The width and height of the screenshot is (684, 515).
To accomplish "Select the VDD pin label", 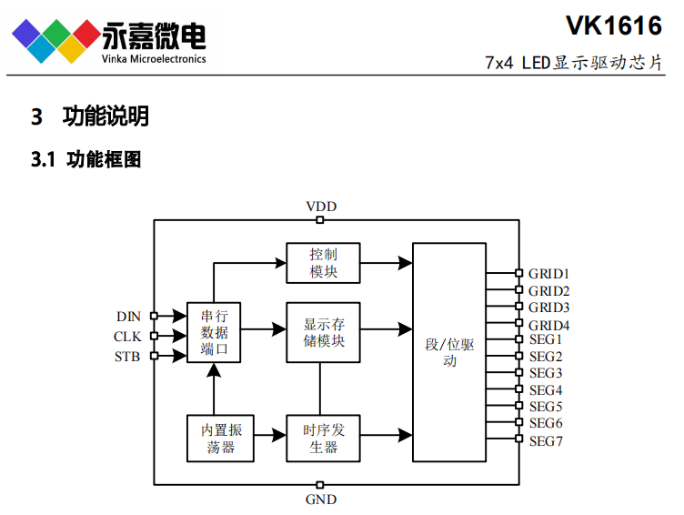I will pyautogui.click(x=321, y=207).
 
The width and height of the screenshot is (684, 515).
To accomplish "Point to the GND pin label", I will pyautogui.click(x=321, y=500).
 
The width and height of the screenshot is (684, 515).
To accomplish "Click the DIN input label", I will pyautogui.click(x=128, y=317).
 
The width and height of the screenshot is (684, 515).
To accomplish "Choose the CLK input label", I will pyautogui.click(x=127, y=337).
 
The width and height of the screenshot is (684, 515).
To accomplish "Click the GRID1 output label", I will pyautogui.click(x=548, y=274).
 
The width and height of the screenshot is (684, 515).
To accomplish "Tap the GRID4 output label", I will pyautogui.click(x=548, y=325).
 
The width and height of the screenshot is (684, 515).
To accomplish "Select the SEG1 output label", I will pyautogui.click(x=546, y=339).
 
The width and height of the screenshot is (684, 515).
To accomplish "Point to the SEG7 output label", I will pyautogui.click(x=546, y=441).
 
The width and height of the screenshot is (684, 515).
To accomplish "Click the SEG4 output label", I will pyautogui.click(x=546, y=390).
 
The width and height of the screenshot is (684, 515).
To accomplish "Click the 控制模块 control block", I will pyautogui.click(x=323, y=263).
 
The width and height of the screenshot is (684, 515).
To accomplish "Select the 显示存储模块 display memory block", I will pyautogui.click(x=323, y=332).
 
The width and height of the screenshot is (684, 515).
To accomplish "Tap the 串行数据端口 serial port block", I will pyautogui.click(x=214, y=332).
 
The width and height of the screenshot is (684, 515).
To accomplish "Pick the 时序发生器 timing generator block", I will pyautogui.click(x=323, y=438).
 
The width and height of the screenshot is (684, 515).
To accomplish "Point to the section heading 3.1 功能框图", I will pyautogui.click(x=86, y=160).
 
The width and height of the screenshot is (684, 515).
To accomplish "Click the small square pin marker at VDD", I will pyautogui.click(x=320, y=219).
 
